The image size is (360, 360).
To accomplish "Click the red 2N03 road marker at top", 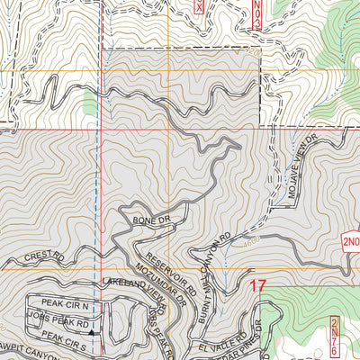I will (256, 13).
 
